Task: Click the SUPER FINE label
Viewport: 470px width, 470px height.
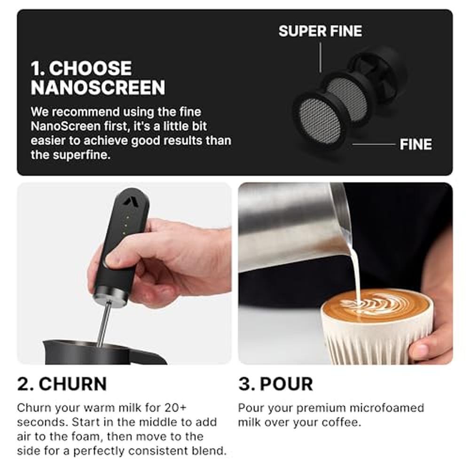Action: point(320,31)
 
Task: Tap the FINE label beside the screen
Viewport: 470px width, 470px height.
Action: point(416,144)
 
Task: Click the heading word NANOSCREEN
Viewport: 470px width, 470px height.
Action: point(98,87)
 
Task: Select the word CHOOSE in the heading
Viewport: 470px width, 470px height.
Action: point(90,68)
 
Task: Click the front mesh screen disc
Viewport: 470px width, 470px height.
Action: point(320,121)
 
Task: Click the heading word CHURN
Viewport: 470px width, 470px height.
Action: point(73,384)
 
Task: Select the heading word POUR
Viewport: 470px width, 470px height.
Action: point(286,384)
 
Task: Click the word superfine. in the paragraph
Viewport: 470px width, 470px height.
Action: point(81,155)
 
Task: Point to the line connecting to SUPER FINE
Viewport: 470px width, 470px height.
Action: point(321,57)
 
